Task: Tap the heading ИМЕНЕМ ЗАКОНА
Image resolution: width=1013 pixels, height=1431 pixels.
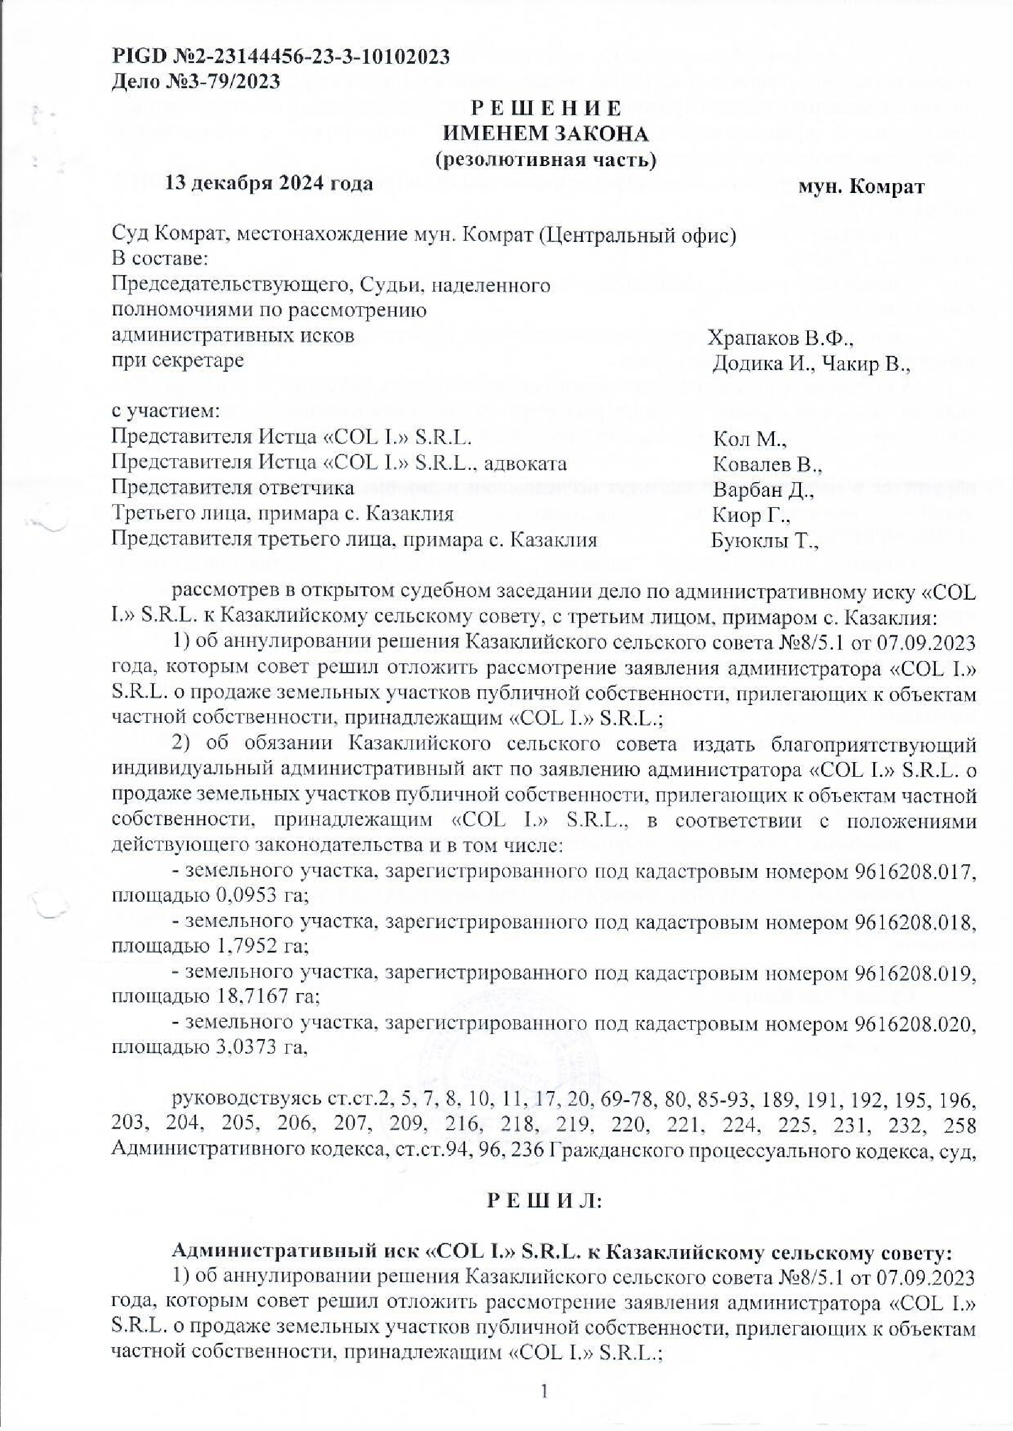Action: (545, 134)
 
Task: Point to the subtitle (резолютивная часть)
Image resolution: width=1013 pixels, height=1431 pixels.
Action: (545, 160)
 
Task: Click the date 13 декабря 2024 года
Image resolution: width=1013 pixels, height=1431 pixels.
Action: (269, 184)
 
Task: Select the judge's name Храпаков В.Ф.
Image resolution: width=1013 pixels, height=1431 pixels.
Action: (780, 339)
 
